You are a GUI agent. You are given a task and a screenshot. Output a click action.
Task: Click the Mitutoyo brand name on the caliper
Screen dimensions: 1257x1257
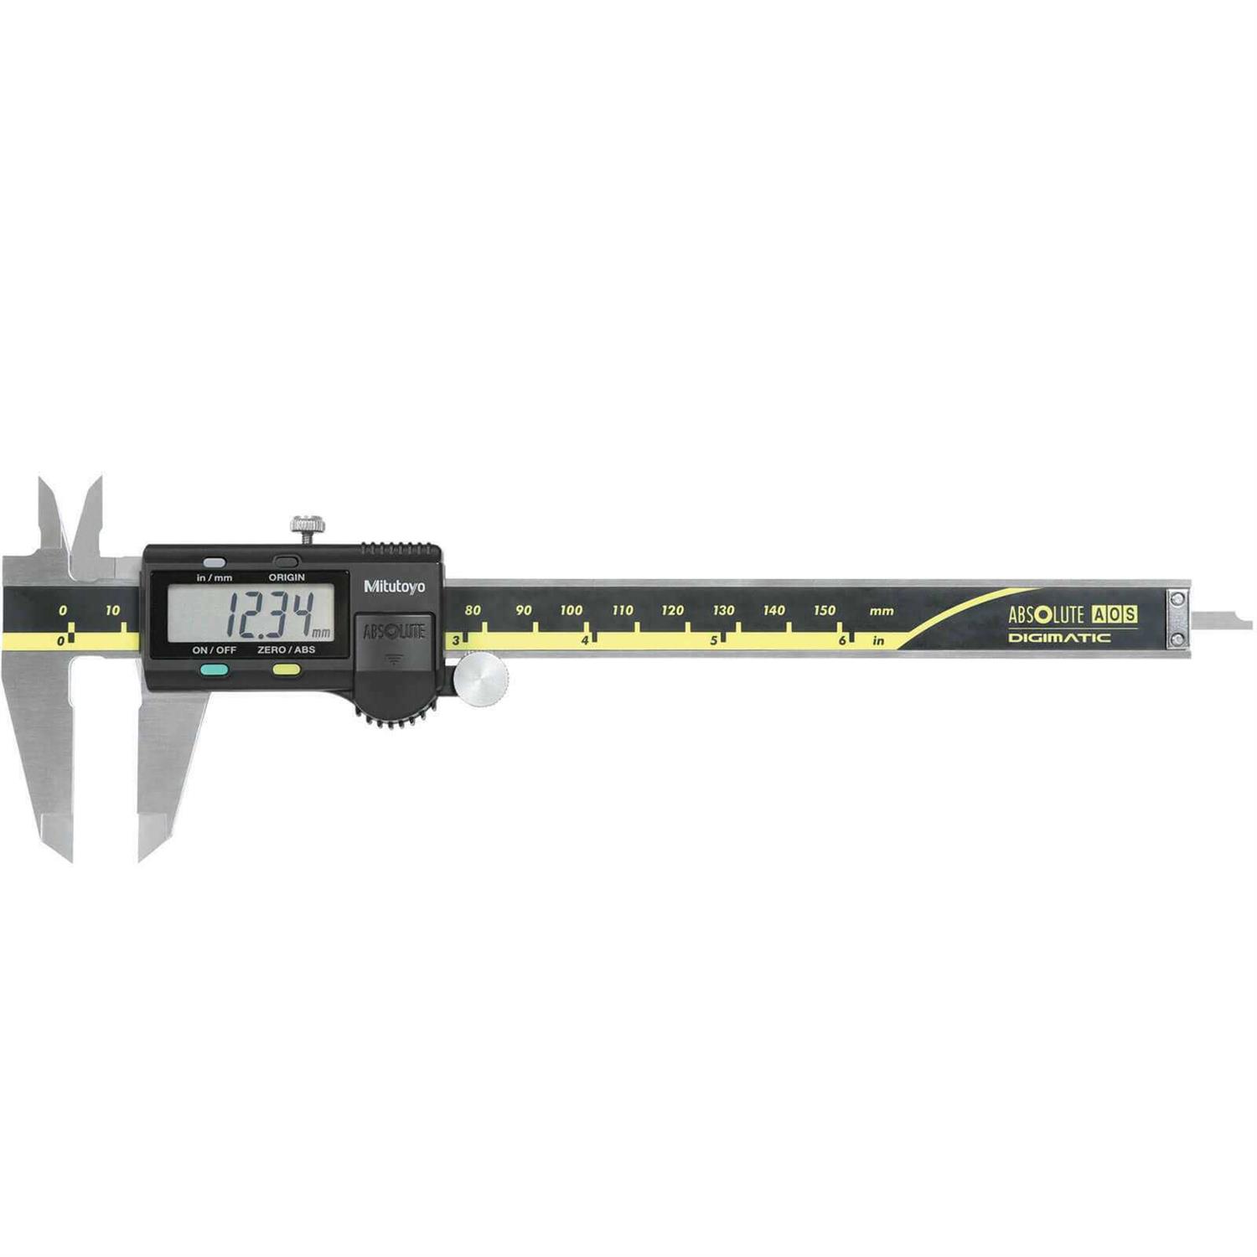394,587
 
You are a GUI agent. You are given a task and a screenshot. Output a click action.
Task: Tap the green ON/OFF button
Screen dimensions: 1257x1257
215,670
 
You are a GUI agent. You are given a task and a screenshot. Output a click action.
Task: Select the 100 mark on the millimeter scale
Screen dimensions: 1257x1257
572,610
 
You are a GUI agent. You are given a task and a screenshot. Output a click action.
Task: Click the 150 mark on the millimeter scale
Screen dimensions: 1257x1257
825,610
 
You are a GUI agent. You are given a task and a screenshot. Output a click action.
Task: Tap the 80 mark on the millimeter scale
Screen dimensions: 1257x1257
473,610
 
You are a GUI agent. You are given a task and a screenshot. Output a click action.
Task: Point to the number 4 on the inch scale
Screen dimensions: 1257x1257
585,640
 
